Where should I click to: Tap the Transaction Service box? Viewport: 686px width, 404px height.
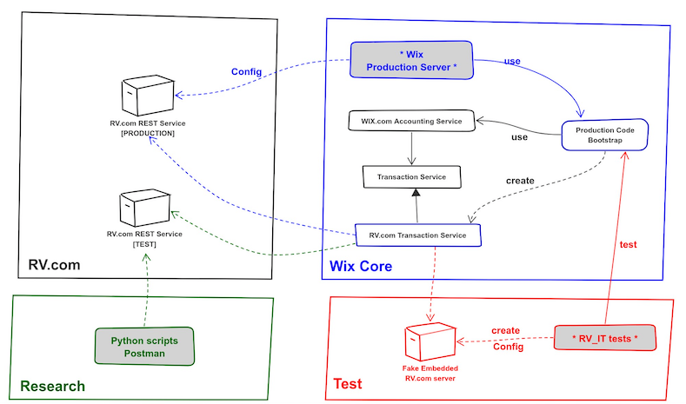click(411, 176)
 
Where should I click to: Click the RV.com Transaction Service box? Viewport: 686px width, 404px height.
click(417, 235)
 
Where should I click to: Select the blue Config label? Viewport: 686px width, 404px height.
click(246, 71)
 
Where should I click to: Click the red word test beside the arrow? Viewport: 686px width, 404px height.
click(627, 245)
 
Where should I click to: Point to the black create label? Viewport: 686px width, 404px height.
click(520, 181)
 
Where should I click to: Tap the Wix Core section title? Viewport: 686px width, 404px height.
click(360, 264)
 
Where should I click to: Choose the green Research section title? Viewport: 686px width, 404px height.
click(52, 386)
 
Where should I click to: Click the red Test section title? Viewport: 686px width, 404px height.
click(348, 383)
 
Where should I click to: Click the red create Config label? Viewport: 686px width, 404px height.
click(505, 339)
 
